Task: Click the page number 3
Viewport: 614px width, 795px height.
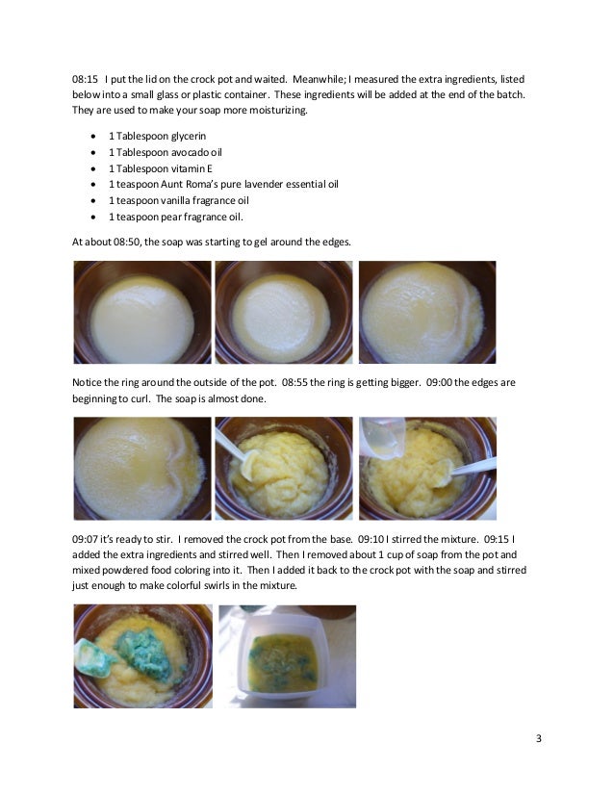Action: tap(539, 738)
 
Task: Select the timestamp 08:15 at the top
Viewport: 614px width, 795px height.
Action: tap(86, 78)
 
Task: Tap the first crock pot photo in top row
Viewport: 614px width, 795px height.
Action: tap(141, 313)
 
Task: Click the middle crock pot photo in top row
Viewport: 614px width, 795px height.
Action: tap(282, 313)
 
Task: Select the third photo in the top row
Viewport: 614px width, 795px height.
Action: tap(426, 313)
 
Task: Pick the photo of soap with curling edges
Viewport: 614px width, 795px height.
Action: tap(141, 469)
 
